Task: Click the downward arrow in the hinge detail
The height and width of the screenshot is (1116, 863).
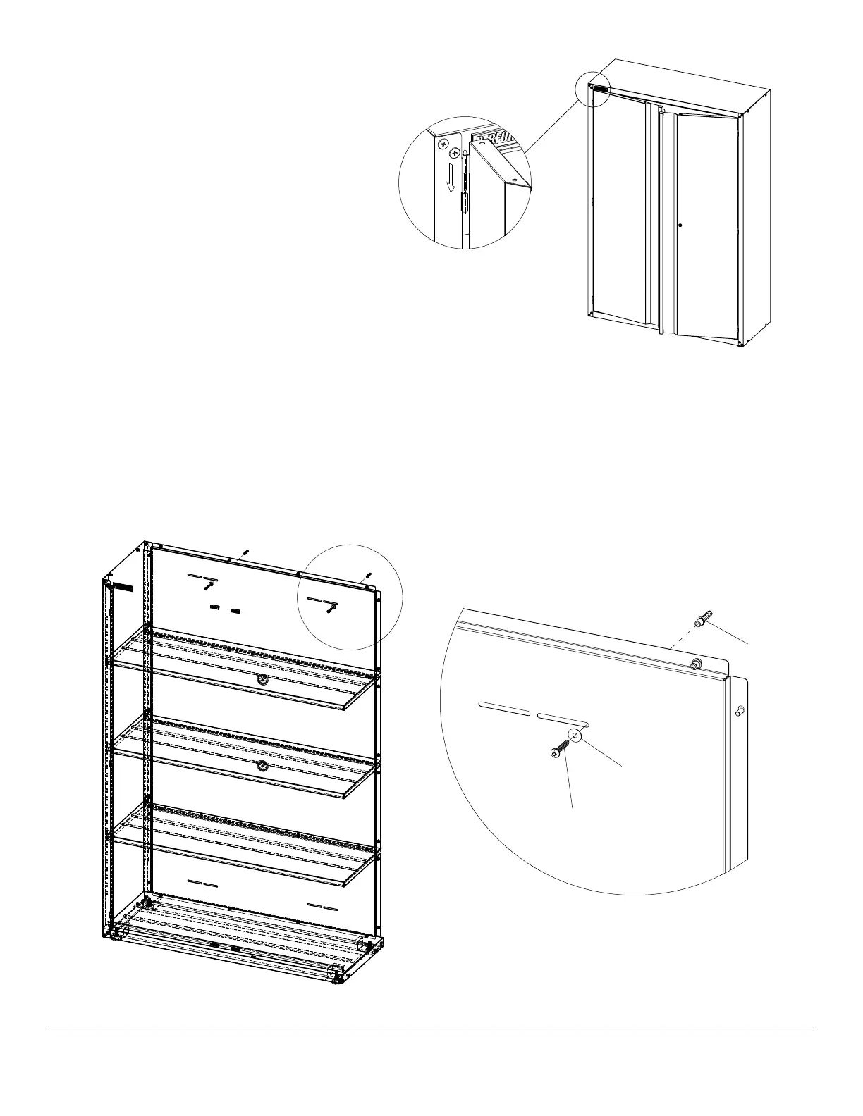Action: pos(450,182)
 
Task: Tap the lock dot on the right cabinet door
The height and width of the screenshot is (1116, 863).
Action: pos(680,225)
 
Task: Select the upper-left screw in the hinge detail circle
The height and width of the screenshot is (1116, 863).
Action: pos(442,144)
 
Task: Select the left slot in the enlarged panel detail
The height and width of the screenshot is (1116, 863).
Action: pos(503,707)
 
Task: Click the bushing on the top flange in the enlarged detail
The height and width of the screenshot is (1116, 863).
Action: pos(695,663)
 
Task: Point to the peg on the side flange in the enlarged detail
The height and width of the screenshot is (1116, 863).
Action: pos(739,712)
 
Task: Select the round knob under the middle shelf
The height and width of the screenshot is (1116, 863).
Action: pos(262,766)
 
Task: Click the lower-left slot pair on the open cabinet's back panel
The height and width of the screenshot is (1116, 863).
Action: pos(202,883)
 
